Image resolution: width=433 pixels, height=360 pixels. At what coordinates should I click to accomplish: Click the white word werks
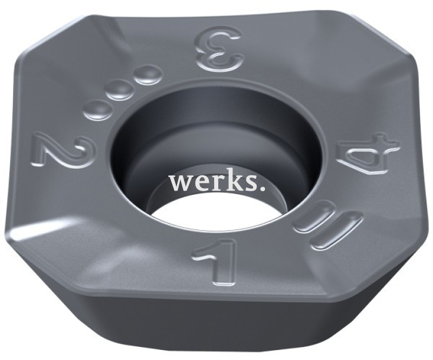pos(217,182)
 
